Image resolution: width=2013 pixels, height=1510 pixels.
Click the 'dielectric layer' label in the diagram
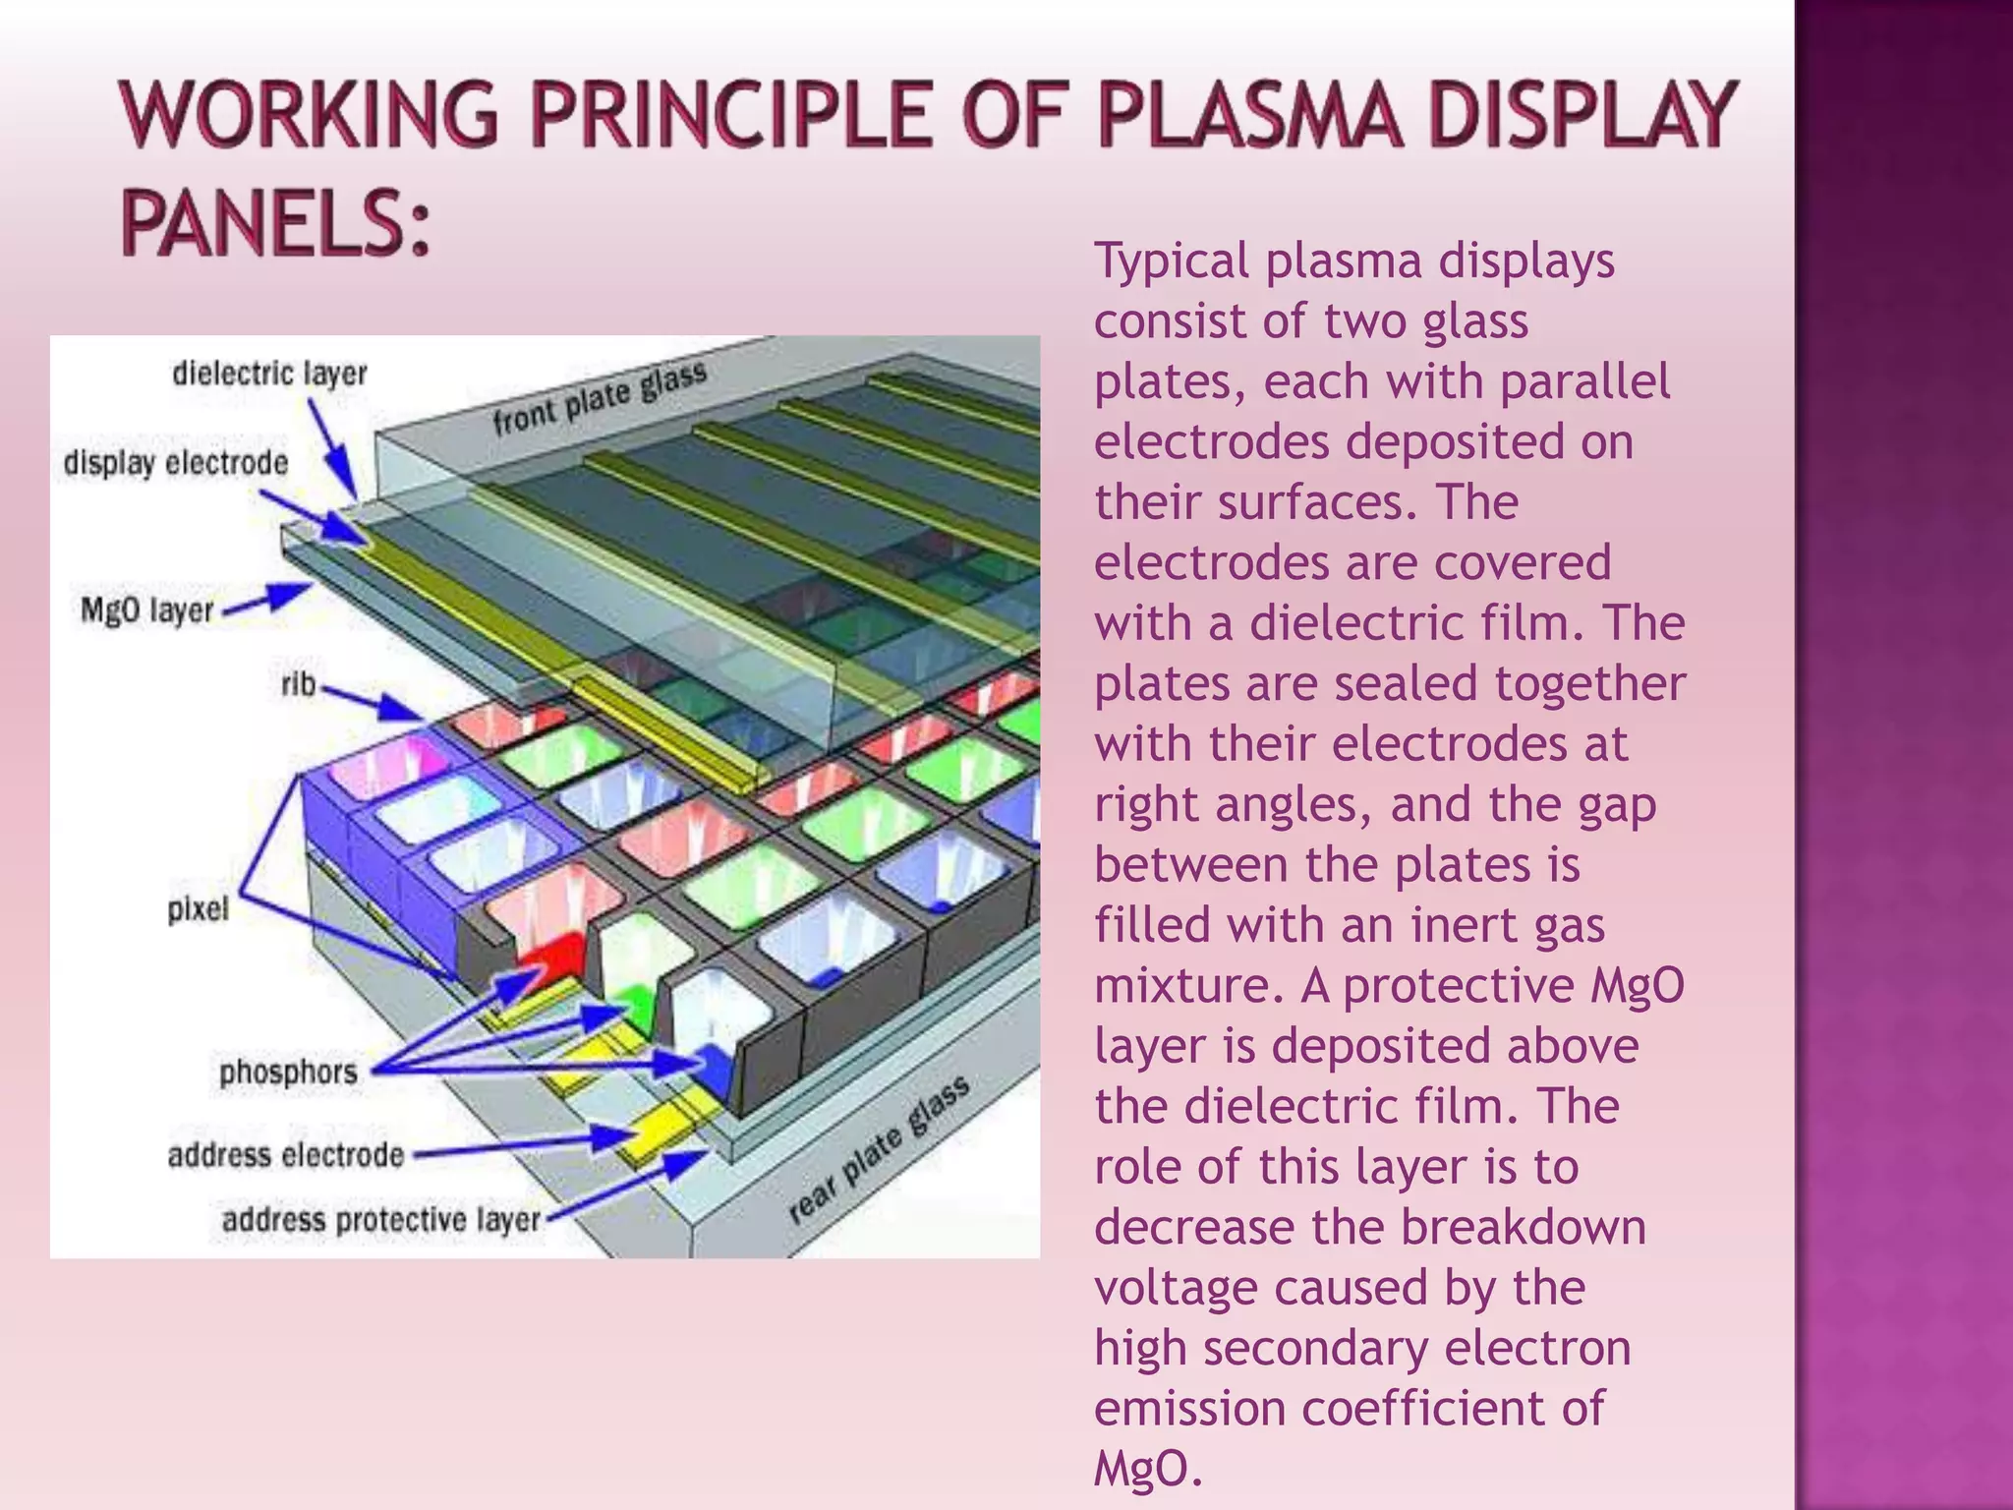(269, 374)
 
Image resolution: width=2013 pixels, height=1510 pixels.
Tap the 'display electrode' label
(176, 463)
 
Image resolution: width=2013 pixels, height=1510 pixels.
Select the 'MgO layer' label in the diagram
(146, 610)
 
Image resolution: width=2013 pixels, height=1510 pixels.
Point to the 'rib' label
(298, 683)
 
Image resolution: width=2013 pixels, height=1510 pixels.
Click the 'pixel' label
(198, 909)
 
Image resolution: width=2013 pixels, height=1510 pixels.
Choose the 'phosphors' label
(288, 1072)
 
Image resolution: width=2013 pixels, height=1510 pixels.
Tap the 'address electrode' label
(286, 1155)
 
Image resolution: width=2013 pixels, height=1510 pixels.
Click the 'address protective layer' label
(381, 1221)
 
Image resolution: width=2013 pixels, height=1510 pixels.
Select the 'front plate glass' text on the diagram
(600, 397)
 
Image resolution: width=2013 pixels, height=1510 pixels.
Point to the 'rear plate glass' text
(880, 1150)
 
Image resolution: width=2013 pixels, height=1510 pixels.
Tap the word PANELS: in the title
(276, 223)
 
